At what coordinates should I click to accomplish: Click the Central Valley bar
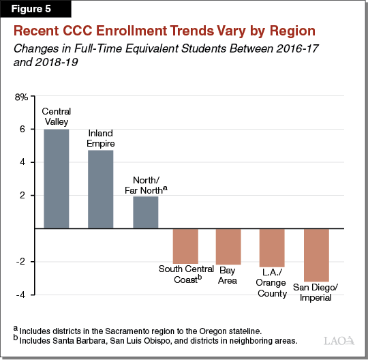(x=56, y=179)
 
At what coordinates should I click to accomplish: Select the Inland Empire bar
(x=100, y=189)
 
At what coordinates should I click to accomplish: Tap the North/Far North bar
(x=144, y=212)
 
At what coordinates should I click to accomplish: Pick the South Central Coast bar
(x=185, y=246)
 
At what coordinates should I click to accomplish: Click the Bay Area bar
(x=228, y=246)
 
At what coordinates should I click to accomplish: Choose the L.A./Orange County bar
(x=272, y=247)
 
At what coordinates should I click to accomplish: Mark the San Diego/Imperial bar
(x=316, y=255)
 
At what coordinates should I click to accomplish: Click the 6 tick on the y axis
(x=25, y=130)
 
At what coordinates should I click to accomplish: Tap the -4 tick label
(x=22, y=295)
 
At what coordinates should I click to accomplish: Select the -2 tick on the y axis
(x=22, y=262)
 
